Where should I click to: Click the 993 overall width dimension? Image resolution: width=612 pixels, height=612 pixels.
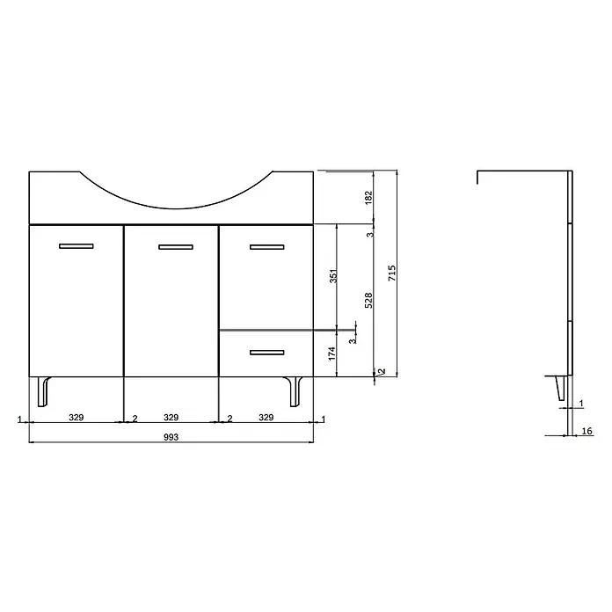171,437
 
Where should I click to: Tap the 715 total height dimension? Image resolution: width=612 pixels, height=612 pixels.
392,273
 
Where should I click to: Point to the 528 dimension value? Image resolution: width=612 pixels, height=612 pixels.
368,301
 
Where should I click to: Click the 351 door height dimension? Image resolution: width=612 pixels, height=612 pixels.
333,276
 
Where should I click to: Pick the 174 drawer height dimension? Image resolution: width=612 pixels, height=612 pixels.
331,353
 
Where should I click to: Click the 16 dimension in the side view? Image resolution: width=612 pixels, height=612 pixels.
586,431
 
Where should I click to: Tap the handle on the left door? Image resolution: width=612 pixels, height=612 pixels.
76,246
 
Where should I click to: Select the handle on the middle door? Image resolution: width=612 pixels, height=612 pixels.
176,247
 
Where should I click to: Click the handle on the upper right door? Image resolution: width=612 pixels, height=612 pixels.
267,247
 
